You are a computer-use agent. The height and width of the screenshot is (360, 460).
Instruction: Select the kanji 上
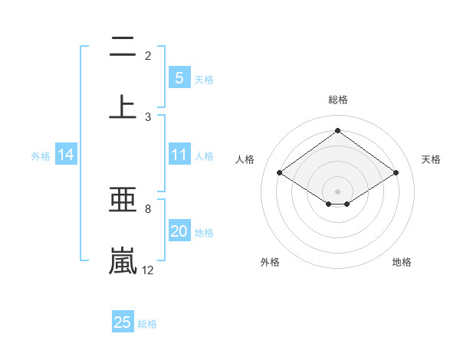(x=123, y=106)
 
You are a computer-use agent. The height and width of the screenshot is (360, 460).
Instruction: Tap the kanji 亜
(x=123, y=200)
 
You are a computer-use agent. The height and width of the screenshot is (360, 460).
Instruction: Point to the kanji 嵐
(x=123, y=260)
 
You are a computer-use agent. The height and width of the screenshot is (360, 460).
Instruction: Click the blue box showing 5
(x=179, y=78)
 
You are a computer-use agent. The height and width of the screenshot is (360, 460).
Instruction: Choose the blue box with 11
(x=179, y=155)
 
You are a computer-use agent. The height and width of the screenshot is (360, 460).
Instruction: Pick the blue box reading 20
(x=179, y=232)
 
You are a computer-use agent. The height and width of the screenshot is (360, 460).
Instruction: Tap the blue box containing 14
(x=66, y=155)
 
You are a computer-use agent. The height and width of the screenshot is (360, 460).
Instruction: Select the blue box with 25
(x=123, y=322)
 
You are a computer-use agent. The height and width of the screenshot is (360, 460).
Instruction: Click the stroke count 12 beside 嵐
(x=148, y=270)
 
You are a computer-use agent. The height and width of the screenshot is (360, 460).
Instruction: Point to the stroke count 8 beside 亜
(x=147, y=208)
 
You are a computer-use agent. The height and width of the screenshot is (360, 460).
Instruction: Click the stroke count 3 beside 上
(x=148, y=116)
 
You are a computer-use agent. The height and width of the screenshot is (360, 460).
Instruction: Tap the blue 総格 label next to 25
(x=147, y=324)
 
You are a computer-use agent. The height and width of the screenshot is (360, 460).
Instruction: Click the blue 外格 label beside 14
(x=41, y=156)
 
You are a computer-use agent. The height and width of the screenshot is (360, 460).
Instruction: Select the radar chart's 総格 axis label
(x=337, y=100)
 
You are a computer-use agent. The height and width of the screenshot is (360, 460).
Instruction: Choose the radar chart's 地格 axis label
(x=402, y=262)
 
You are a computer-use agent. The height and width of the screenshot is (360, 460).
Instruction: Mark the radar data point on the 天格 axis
(x=396, y=173)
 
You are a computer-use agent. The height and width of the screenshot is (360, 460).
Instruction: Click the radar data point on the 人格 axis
(x=280, y=173)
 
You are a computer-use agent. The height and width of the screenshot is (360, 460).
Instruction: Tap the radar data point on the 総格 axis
(x=337, y=131)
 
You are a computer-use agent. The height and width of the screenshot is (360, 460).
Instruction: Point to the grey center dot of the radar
(x=337, y=191)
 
